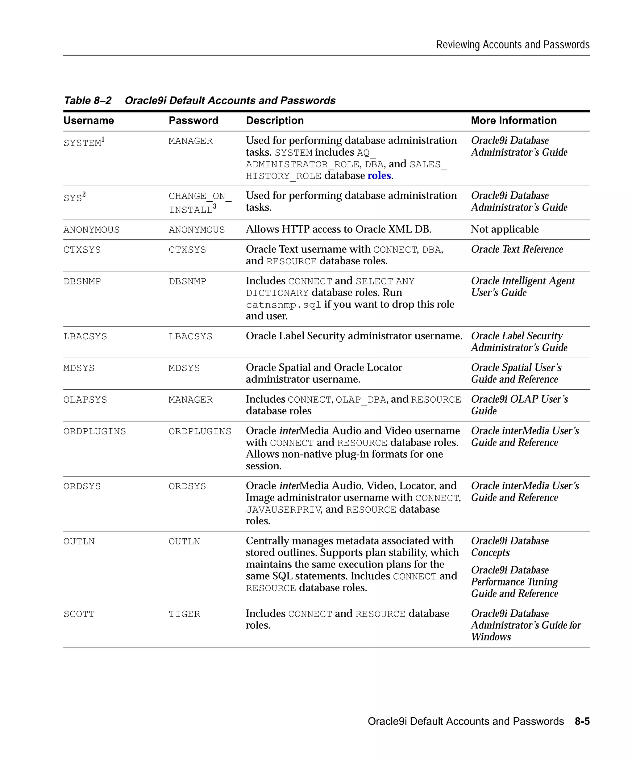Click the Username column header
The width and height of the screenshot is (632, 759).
89,120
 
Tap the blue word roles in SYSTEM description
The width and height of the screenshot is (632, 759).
379,176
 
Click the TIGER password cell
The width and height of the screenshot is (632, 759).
184,614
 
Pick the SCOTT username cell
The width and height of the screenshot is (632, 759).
79,614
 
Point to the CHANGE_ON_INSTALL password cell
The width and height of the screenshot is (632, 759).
200,202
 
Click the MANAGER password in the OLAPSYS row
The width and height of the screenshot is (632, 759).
190,400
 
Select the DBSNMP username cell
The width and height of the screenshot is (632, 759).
82,281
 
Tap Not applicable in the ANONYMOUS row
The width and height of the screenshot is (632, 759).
504,229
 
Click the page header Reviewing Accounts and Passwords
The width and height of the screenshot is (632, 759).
513,44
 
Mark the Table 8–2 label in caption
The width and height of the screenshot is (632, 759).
88,100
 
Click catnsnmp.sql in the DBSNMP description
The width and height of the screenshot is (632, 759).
283,305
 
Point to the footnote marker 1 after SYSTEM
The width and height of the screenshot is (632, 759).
103,139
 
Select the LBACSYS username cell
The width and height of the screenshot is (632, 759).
85,337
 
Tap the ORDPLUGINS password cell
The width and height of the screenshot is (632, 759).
200,431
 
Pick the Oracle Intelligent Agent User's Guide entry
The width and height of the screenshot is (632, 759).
522,287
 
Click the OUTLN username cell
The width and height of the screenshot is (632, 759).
79,541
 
